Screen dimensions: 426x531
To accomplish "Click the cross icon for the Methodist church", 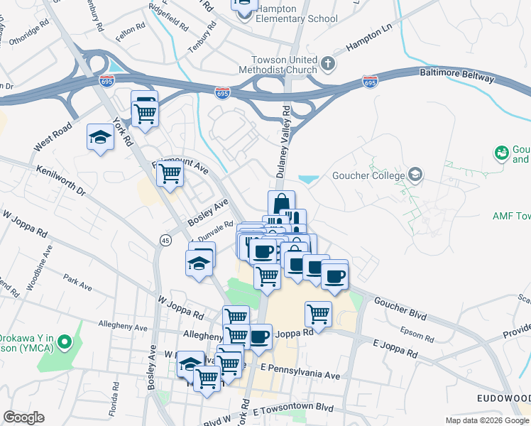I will pyautogui.click(x=327, y=65).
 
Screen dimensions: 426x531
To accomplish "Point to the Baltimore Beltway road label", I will pyautogui.click(x=454, y=73).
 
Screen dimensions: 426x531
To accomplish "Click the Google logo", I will pyautogui.click(x=23, y=417).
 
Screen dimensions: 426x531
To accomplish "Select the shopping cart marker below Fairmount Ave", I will pyautogui.click(x=170, y=173).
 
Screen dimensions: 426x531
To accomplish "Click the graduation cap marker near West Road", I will pyautogui.click(x=100, y=138).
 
